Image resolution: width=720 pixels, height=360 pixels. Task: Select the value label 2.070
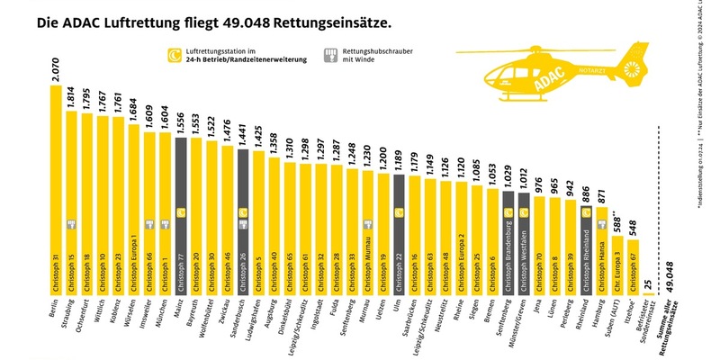click(56, 69)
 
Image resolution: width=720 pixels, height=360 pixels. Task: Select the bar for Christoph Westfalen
click(524, 243)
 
